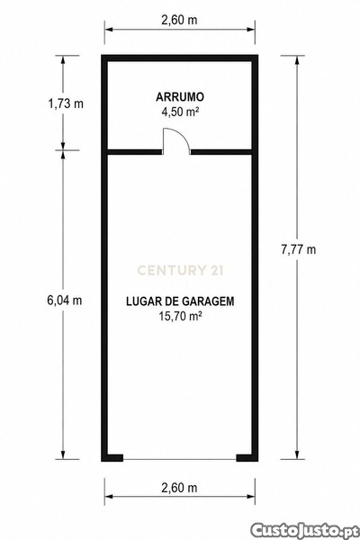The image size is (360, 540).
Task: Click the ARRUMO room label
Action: (179, 97)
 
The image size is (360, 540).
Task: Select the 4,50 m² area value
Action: (179, 112)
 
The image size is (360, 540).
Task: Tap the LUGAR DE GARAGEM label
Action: (180, 301)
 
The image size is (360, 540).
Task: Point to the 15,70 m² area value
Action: (180, 316)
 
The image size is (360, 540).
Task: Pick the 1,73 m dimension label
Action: (66, 103)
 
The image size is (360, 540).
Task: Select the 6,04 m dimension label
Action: (65, 301)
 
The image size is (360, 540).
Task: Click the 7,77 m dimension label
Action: (298, 249)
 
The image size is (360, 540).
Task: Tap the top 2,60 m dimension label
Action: (179, 20)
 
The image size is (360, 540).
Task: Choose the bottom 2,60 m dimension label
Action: (179, 488)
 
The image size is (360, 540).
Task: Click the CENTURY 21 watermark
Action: (180, 270)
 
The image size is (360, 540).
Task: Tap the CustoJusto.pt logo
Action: (303, 530)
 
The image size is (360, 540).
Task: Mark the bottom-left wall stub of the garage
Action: (112, 458)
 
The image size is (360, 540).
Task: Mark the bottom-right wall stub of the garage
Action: (247, 458)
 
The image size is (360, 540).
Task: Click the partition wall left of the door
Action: (135, 152)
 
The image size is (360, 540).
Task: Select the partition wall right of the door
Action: (220, 152)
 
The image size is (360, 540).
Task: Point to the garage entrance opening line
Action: (180, 459)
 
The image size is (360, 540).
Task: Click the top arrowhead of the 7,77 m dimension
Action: (297, 60)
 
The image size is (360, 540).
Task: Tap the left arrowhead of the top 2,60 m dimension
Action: (110, 30)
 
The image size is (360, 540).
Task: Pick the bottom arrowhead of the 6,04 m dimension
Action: (63, 454)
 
